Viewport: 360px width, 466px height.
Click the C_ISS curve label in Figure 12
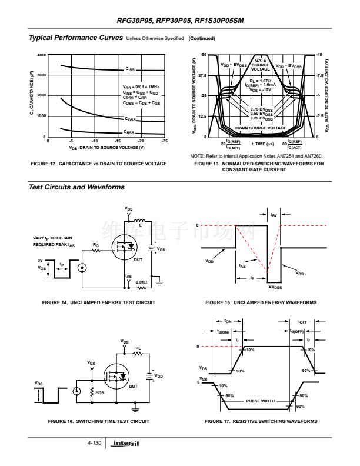click(x=130, y=69)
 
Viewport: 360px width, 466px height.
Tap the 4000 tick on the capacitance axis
click(x=41, y=55)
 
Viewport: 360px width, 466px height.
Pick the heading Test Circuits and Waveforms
click(x=77, y=187)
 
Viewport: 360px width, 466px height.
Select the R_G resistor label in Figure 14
click(x=96, y=244)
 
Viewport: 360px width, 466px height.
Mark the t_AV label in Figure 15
click(x=274, y=215)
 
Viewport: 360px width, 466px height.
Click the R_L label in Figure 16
click(x=138, y=348)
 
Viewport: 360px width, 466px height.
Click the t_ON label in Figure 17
click(x=229, y=321)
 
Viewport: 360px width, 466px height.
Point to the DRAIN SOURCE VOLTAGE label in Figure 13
click(x=261, y=127)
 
